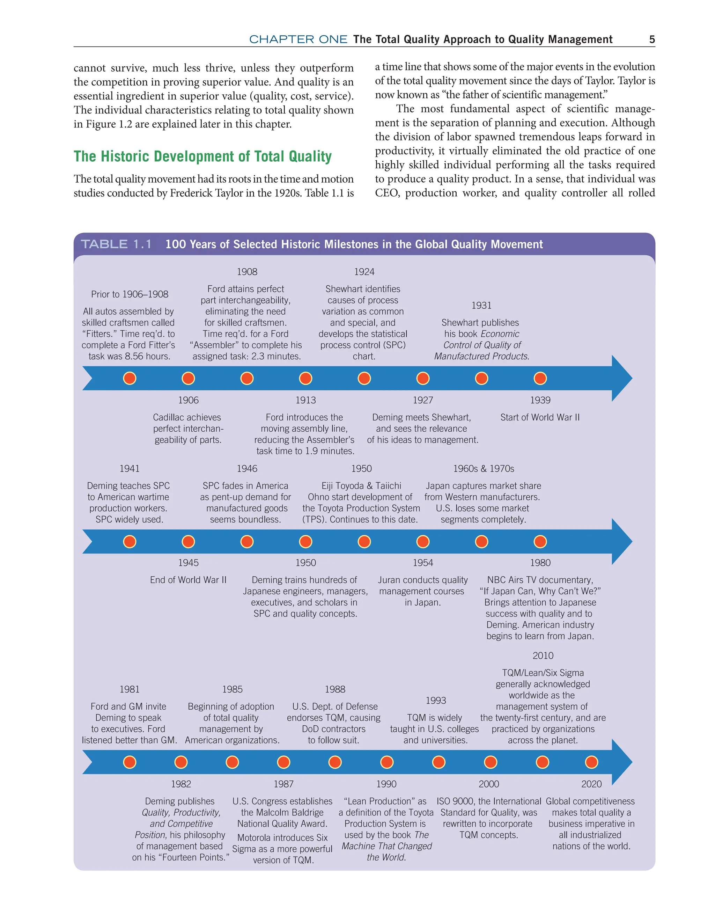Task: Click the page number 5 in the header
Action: [652, 39]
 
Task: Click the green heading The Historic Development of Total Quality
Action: [203, 156]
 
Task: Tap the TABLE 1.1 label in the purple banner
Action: [116, 244]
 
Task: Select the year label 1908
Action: [247, 272]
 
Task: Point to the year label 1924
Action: [364, 272]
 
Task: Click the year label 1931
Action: [481, 306]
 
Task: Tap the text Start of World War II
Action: [540, 417]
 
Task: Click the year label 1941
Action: [130, 468]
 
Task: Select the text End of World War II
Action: [188, 580]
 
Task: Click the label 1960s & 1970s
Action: [484, 468]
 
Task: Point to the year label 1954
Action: [423, 563]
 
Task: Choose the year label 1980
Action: [540, 563]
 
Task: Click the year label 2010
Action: [543, 656]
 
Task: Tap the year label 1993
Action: [436, 701]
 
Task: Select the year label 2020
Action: [591, 784]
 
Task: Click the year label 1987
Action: [283, 784]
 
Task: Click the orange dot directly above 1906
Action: [189, 378]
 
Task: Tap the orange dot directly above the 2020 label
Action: [591, 762]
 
